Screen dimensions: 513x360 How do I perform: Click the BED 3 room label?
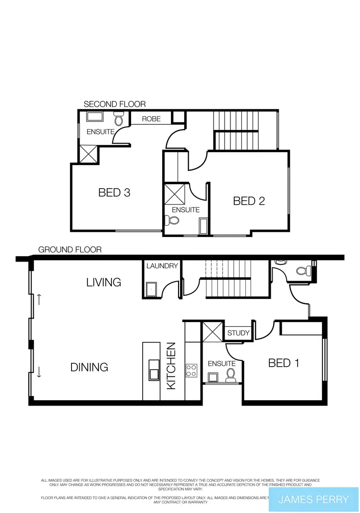pyautogui.click(x=114, y=192)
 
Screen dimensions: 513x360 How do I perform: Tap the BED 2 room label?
pyautogui.click(x=249, y=201)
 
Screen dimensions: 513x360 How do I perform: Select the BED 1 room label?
pyautogui.click(x=283, y=363)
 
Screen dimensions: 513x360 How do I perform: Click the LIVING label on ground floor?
pyautogui.click(x=104, y=282)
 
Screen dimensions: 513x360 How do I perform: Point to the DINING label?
pyautogui.click(x=89, y=367)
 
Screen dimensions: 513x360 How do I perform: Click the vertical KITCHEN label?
pyautogui.click(x=172, y=365)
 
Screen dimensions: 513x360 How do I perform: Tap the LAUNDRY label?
pyautogui.click(x=162, y=266)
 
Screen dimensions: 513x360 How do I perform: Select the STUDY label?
pyautogui.click(x=239, y=333)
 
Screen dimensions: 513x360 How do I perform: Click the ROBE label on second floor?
pyautogui.click(x=151, y=119)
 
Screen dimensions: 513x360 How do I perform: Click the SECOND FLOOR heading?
pyautogui.click(x=115, y=104)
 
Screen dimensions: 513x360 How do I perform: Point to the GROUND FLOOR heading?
pyautogui.click(x=70, y=250)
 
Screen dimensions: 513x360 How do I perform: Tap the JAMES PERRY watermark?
pyautogui.click(x=313, y=499)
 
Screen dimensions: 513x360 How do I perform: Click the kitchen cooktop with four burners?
pyautogui.click(x=191, y=370)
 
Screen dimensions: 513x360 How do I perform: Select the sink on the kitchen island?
pyautogui.click(x=154, y=370)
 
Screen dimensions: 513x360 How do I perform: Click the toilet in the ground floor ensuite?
pyautogui.click(x=230, y=374)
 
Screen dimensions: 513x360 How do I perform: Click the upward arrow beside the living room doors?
pyautogui.click(x=39, y=300)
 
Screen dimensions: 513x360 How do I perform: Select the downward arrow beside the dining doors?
pyautogui.click(x=39, y=370)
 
